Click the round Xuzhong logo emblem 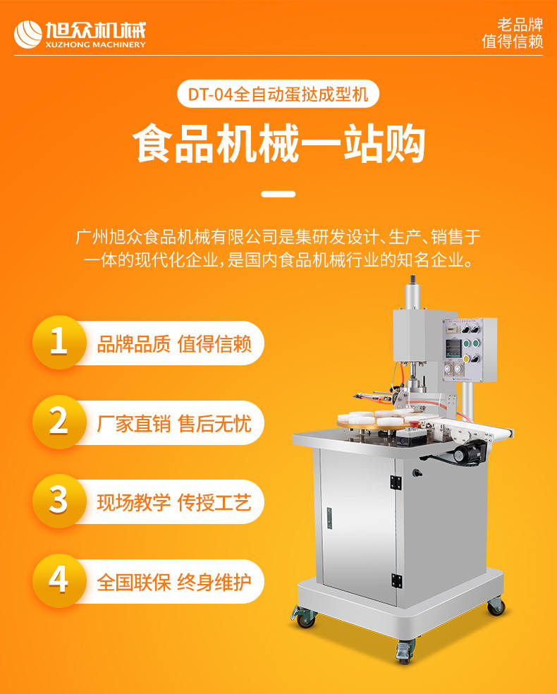[28, 35]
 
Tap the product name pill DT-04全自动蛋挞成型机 [278, 94]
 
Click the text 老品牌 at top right [520, 25]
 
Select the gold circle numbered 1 [59, 342]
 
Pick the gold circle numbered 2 [59, 422]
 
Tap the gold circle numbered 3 [59, 501]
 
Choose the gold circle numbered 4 [59, 580]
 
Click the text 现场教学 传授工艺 [174, 502]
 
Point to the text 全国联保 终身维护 [174, 582]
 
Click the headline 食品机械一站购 [278, 143]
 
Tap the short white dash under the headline [278, 194]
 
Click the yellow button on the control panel [466, 358]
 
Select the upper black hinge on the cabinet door [396, 482]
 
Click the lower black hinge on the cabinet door [396, 580]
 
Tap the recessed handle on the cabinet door [329, 518]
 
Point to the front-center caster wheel [405, 652]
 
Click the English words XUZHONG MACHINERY [96, 44]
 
